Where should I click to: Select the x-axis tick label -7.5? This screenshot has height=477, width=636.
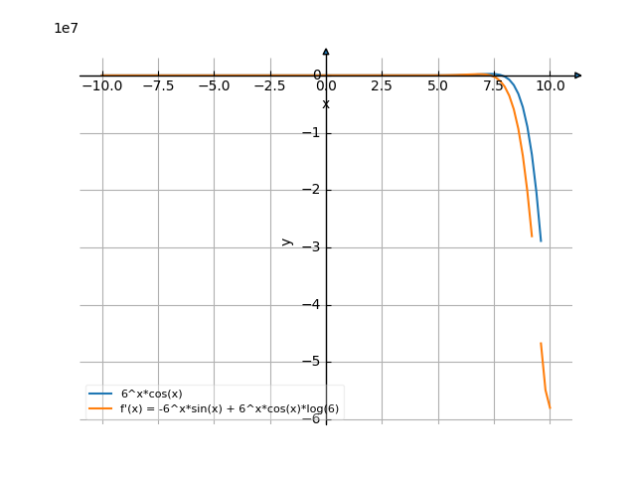[x=158, y=86]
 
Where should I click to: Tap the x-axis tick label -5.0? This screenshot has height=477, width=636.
[x=214, y=86]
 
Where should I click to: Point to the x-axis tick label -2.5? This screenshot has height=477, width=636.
[x=269, y=86]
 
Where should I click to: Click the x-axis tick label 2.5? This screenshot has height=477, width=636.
[x=382, y=86]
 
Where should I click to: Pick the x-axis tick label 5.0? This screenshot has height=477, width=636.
[x=437, y=86]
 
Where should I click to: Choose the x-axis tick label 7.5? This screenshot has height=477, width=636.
[x=494, y=86]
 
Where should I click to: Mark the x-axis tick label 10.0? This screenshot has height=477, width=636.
[x=550, y=86]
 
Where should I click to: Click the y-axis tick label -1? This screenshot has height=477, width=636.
[x=315, y=133]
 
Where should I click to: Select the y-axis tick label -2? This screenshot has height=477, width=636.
[x=315, y=190]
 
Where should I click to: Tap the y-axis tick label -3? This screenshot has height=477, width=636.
[x=315, y=247]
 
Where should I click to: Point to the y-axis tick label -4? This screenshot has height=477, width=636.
[x=315, y=305]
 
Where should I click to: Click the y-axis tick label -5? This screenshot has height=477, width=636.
[x=315, y=362]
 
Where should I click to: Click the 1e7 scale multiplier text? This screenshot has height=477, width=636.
[x=66, y=28]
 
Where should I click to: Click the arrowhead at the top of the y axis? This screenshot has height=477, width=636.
[x=326, y=52]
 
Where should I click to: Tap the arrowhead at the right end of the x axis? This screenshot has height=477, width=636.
[x=578, y=76]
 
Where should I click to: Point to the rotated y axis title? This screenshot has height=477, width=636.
[x=287, y=240]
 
